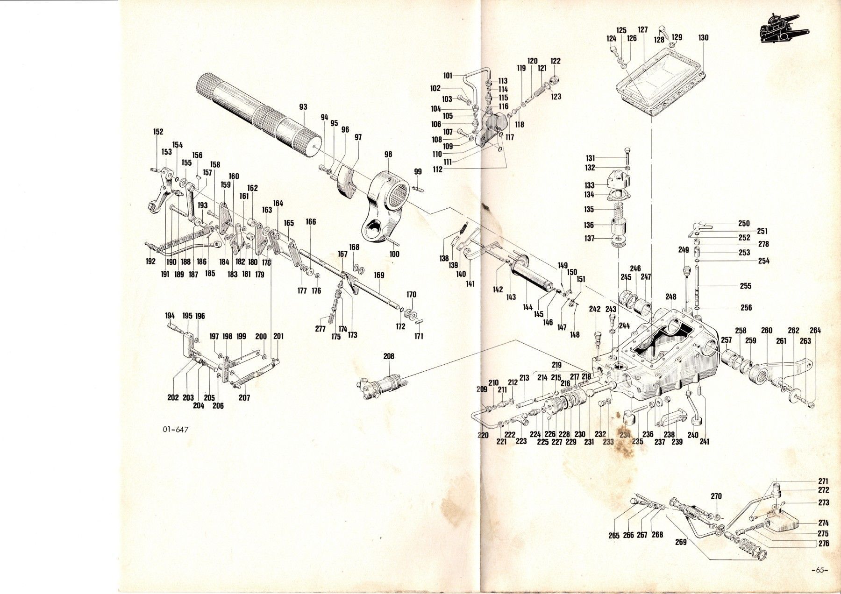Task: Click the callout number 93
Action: tap(303, 107)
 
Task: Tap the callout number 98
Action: tap(388, 155)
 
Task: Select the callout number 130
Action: tap(703, 38)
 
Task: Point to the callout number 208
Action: tap(389, 356)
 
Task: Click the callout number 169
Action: tap(378, 276)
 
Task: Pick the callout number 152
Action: tap(158, 132)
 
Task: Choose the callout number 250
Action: tap(743, 224)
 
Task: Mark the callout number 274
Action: tap(823, 523)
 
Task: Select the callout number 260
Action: tap(767, 331)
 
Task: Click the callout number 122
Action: tap(556, 61)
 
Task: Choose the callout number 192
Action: tap(150, 262)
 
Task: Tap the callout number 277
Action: tap(320, 329)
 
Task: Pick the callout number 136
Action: tap(589, 225)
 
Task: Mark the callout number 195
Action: tap(187, 316)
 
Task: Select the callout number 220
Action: tap(483, 435)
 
